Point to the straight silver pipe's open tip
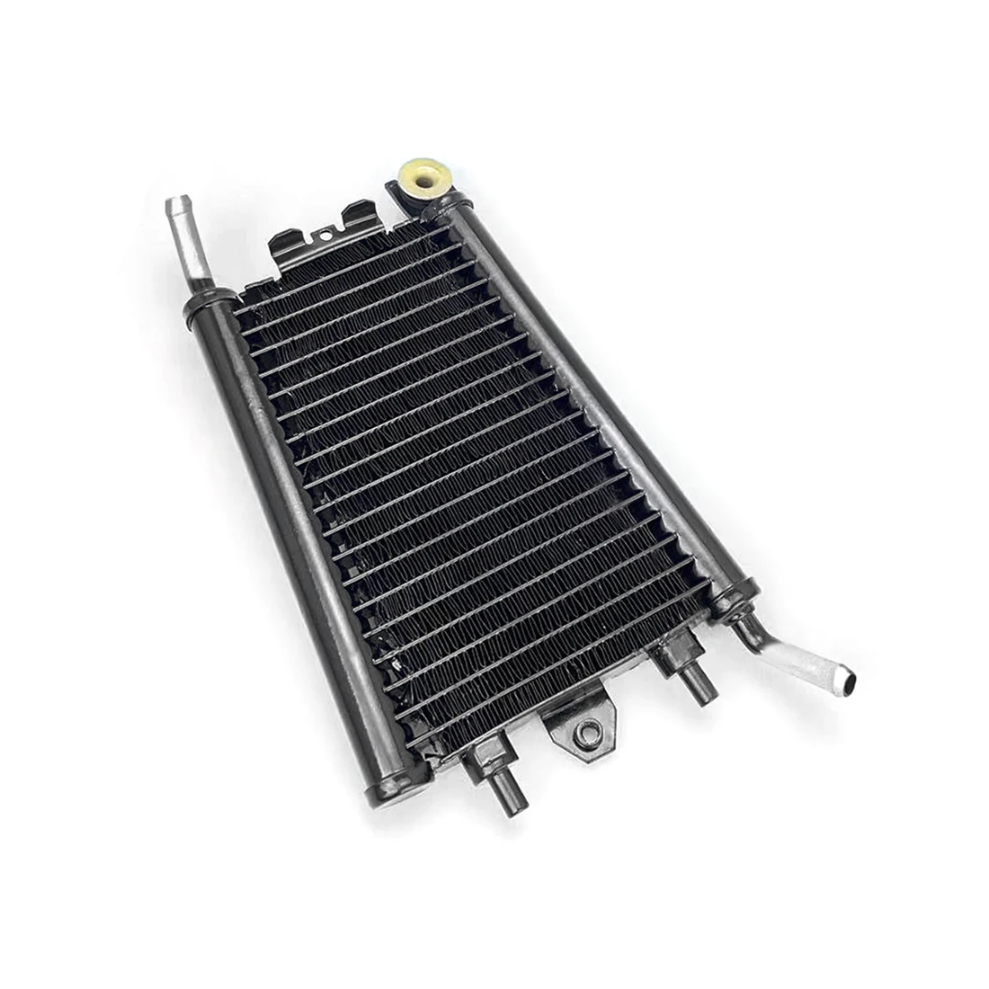[x=176, y=204]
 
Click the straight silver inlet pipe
[x=183, y=252]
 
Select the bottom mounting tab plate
[x=580, y=724]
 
